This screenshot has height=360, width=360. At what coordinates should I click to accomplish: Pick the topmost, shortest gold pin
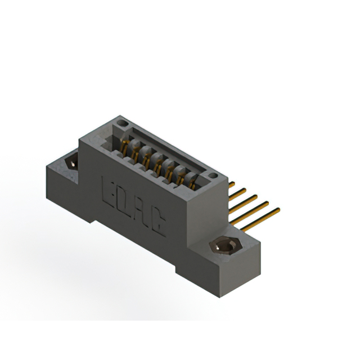231,184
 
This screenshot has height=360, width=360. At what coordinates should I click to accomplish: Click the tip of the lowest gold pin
278,210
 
